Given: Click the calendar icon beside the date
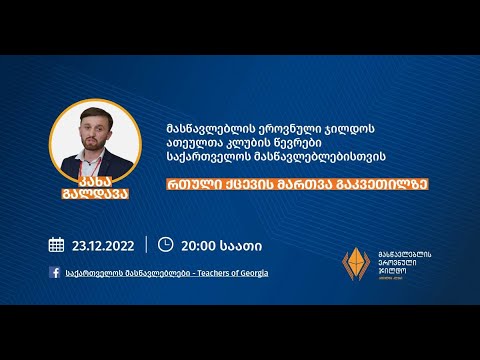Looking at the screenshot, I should pyautogui.click(x=56, y=244).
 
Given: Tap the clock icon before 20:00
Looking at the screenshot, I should pyautogui.click(x=166, y=244).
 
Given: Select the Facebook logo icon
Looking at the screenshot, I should pyautogui.click(x=54, y=272).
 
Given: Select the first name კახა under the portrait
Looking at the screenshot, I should pyautogui.click(x=91, y=183).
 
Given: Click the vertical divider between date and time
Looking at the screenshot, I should pyautogui.click(x=146, y=244).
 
